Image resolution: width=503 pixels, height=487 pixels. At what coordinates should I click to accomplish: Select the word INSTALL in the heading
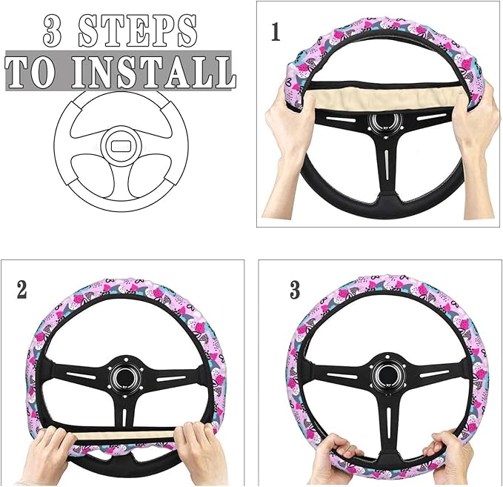[156, 71]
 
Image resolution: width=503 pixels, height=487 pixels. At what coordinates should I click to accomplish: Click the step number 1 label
[276, 32]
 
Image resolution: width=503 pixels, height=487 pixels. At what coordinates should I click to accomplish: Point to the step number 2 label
[22, 289]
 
